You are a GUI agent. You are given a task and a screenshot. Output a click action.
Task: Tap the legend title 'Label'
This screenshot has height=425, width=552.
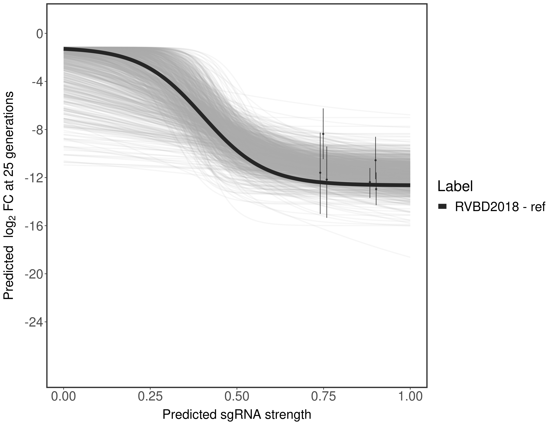pos(455,186)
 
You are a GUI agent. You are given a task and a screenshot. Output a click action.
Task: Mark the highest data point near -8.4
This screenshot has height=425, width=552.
pos(323,134)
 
